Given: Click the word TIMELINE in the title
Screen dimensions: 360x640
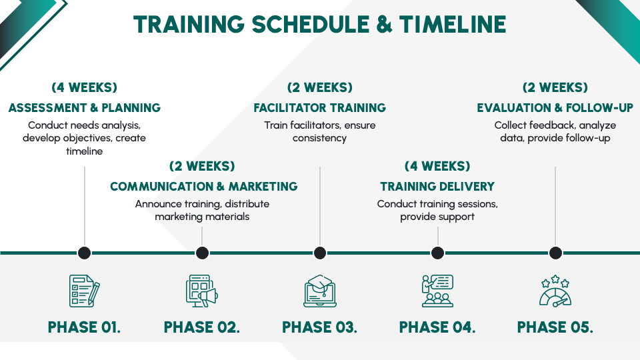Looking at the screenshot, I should pos(453,24).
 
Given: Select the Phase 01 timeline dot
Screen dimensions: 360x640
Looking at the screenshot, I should pos(85,253).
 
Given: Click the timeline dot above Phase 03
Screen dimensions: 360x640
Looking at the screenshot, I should pos(320,253).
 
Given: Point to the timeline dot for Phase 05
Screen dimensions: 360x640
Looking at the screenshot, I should pos(555,253).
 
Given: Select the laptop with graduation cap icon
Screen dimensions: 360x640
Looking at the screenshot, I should pos(320,291).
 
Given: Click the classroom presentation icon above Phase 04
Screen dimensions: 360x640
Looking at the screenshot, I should pos(437,291).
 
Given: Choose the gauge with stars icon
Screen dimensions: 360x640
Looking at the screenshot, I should pos(555,291).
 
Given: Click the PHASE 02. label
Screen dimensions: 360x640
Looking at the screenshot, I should pos(202,327).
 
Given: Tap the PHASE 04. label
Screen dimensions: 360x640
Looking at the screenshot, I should pos(437,327).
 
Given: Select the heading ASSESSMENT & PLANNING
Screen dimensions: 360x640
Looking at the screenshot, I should pos(85,108).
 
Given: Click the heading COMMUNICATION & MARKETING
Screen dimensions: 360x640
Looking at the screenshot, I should pos(203,187).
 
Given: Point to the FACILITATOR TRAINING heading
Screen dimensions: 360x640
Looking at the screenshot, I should pos(320,108).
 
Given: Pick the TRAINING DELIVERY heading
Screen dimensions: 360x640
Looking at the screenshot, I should pos(437,187).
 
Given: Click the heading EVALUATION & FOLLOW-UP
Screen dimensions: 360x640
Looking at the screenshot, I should pos(555,108).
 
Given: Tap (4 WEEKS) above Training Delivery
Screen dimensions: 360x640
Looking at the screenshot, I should pos(437,166).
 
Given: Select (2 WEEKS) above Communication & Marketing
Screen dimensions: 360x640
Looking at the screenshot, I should pos(202,166).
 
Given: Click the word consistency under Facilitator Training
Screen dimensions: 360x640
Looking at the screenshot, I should pos(320,139).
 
